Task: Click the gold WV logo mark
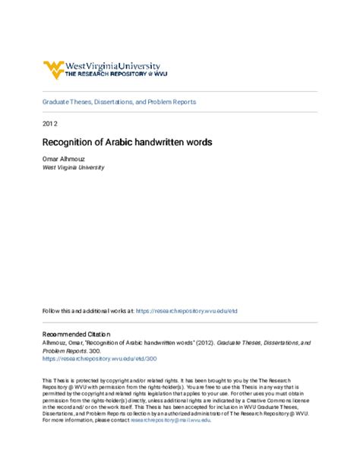click(55, 71)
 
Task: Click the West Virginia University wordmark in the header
click(110, 66)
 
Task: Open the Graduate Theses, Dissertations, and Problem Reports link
click(119, 102)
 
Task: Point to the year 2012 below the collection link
click(49, 123)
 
